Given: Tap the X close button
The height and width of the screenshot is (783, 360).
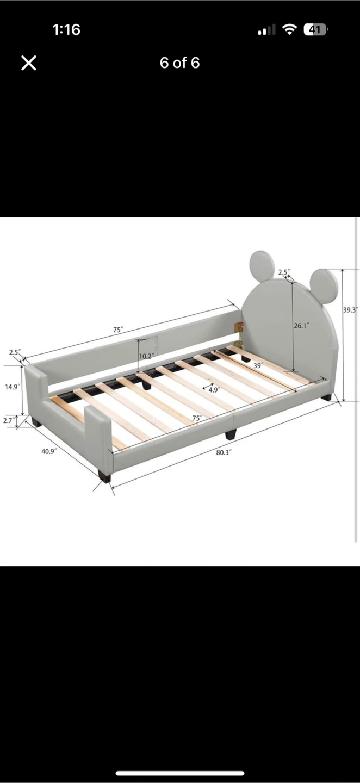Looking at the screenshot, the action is (29, 63).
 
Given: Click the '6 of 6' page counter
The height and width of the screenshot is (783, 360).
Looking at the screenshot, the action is (179, 63).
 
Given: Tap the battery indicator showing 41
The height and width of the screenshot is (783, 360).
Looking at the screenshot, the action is (315, 30).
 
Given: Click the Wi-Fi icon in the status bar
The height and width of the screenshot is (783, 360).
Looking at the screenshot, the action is (289, 30).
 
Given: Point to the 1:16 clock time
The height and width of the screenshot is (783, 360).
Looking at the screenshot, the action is (66, 30).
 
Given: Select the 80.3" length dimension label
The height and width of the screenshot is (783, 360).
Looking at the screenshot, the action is (224, 452).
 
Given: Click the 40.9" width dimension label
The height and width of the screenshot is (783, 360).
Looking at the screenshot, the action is (49, 451).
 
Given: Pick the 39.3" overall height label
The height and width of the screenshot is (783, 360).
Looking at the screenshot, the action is (351, 310).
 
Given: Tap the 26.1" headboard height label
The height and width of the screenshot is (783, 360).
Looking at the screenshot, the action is (301, 325).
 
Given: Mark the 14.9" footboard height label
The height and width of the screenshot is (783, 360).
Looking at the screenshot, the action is (13, 387).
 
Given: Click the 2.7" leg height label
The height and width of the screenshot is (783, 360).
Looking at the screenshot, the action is (8, 420).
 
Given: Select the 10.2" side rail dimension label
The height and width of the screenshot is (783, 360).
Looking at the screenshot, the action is (147, 356).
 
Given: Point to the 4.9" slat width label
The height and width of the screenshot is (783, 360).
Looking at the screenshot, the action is (213, 390).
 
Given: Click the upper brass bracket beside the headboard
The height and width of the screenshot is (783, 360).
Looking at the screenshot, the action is (239, 327).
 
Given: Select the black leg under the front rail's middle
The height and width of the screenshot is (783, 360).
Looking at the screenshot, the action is (231, 434).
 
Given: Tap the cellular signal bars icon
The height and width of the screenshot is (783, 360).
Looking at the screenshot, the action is (266, 30).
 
